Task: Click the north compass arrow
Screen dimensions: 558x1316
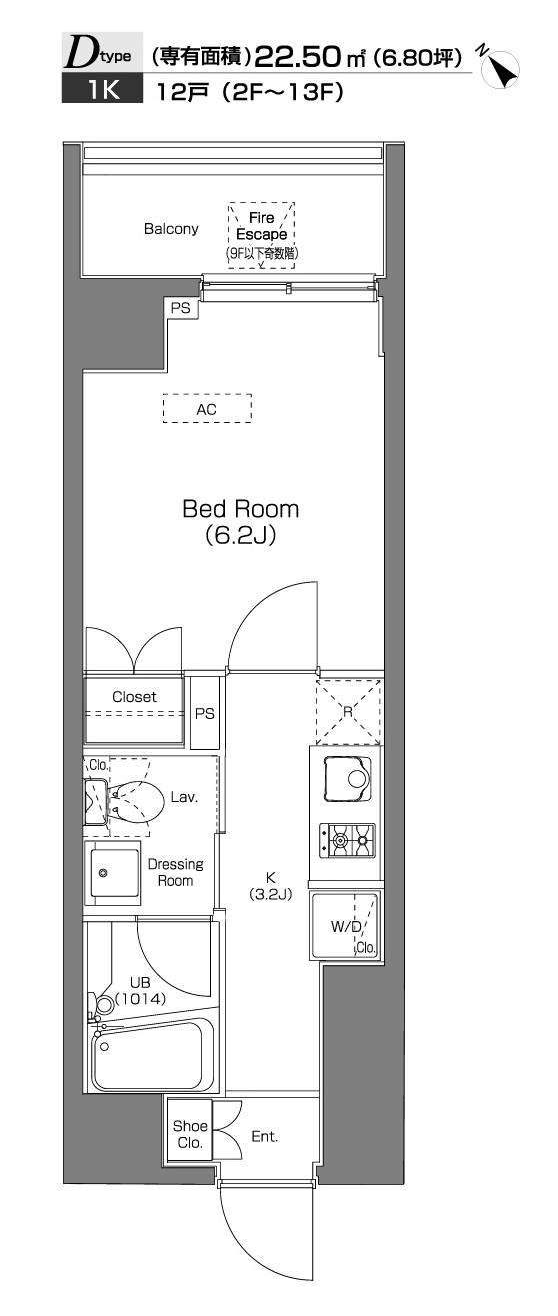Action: [501, 69]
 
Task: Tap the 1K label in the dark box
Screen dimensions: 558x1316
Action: [102, 91]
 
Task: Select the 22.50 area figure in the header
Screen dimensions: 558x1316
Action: [298, 58]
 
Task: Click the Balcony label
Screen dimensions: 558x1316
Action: [171, 229]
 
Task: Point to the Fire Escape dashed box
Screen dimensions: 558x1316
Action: [262, 235]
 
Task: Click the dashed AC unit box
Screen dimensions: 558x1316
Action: [207, 408]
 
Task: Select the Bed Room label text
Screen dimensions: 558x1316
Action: [240, 509]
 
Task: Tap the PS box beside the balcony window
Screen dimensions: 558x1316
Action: [181, 307]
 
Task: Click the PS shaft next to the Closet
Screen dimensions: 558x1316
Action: [205, 713]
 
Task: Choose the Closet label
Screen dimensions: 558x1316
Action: [135, 697]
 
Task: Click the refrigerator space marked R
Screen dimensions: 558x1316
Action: [348, 711]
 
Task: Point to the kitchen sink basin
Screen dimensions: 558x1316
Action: [349, 779]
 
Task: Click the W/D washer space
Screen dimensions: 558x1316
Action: [345, 925]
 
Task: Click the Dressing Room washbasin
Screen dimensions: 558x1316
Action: [112, 873]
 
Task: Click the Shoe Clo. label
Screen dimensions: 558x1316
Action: [190, 1134]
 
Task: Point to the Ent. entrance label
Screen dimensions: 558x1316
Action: [265, 1137]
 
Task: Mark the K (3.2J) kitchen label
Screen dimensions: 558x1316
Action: [270, 886]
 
